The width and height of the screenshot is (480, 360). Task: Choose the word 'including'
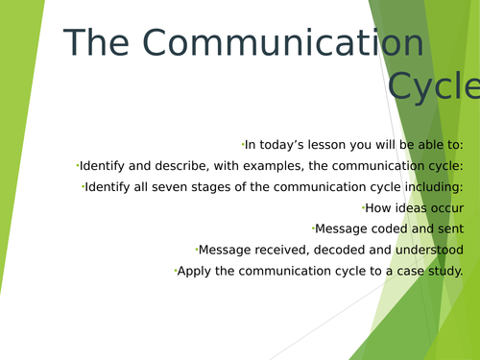pos(434,186)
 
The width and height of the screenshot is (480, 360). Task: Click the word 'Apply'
pos(194,271)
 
